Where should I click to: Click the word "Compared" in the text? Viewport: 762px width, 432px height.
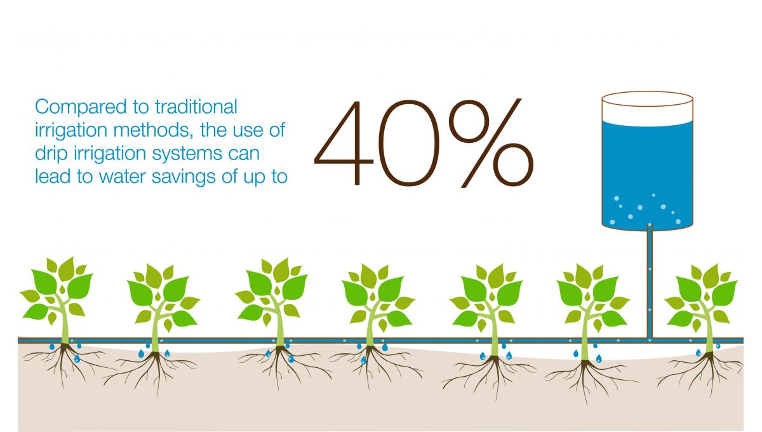click(81, 107)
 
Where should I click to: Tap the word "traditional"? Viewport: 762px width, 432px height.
click(196, 107)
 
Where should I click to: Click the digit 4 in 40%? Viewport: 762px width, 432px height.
click(344, 143)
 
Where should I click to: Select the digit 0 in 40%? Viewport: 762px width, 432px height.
click(408, 143)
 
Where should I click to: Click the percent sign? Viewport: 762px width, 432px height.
click(491, 143)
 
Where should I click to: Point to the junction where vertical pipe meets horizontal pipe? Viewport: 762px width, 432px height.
click(650, 340)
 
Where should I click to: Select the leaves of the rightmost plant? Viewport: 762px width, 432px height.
click(701, 297)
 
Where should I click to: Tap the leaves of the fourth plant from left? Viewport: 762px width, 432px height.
click(378, 297)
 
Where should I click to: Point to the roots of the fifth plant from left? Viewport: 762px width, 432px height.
click(491, 374)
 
